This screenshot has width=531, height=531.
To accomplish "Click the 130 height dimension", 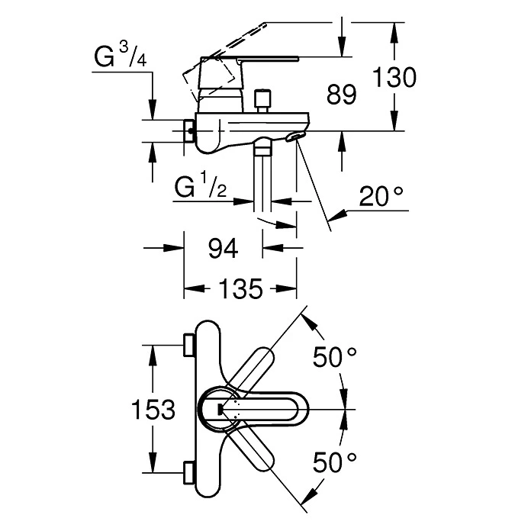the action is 394,77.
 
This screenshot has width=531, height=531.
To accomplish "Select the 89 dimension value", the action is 341,95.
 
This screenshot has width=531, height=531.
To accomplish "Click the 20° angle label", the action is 381,196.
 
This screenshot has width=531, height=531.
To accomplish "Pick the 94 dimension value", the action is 223,248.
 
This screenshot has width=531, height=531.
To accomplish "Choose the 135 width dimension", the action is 241,289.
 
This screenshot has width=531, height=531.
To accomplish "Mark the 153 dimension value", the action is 153,409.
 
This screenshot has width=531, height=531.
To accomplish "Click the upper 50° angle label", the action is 334,357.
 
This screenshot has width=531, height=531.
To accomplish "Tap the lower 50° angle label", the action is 334,462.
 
